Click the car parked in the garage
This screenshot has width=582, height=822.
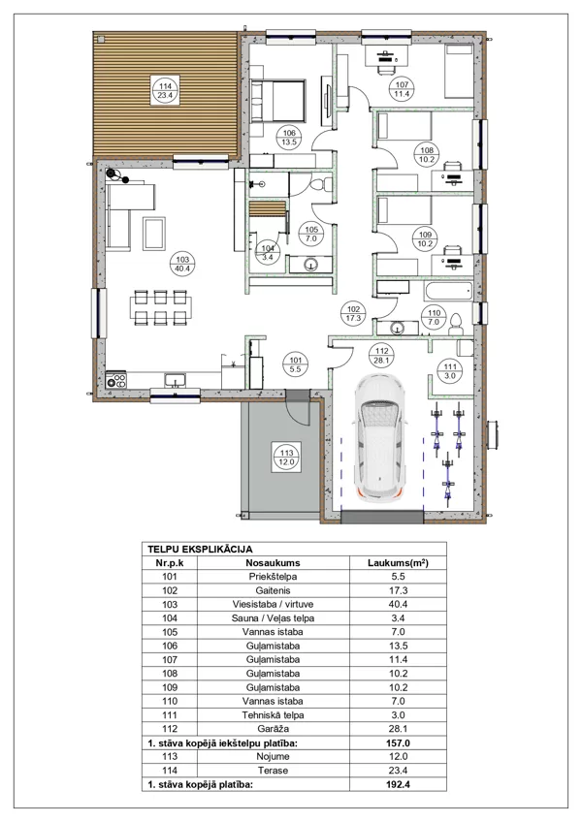click(379, 438)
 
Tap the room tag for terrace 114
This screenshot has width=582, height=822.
click(165, 91)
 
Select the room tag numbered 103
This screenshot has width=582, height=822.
click(182, 264)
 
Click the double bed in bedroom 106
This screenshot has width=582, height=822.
click(278, 101)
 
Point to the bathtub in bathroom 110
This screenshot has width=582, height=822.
click(449, 291)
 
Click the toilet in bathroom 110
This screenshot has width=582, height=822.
click(456, 325)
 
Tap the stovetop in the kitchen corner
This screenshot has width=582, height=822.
click(116, 379)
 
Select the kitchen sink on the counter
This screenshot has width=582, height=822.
click(175, 380)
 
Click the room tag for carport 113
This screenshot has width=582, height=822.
click(286, 458)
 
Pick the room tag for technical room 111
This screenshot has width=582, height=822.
click(450, 371)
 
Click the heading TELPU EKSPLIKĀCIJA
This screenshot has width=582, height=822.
click(200, 550)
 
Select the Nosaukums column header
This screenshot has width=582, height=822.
click(273, 563)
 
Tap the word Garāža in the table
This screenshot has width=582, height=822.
click(273, 729)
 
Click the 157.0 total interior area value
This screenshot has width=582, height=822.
click(398, 743)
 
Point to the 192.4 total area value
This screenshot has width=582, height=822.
click(398, 785)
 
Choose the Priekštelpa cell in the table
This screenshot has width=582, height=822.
click(273, 577)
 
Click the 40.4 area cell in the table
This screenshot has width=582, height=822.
click(398, 605)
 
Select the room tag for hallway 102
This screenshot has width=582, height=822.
click(353, 313)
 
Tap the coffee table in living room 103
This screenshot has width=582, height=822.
click(154, 234)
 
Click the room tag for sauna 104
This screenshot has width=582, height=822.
click(268, 253)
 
